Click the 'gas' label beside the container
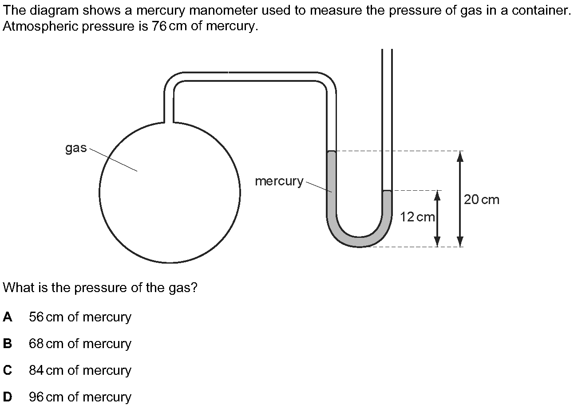click(x=76, y=148)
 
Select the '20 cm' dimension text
click(x=482, y=200)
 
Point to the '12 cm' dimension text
click(x=417, y=217)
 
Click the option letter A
click(x=8, y=317)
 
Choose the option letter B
click(x=8, y=344)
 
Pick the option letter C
click(x=8, y=370)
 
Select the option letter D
click(x=8, y=397)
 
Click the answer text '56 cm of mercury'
click(x=80, y=317)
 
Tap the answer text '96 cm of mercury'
click(x=80, y=397)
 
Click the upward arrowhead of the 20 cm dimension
click(x=460, y=156)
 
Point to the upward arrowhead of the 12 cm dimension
click(x=437, y=196)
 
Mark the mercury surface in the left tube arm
click(x=332, y=152)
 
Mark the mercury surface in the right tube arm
click(x=387, y=191)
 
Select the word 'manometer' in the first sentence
click(x=222, y=11)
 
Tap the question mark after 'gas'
click(x=194, y=287)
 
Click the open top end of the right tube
click(x=387, y=49)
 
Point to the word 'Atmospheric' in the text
click(x=40, y=26)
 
